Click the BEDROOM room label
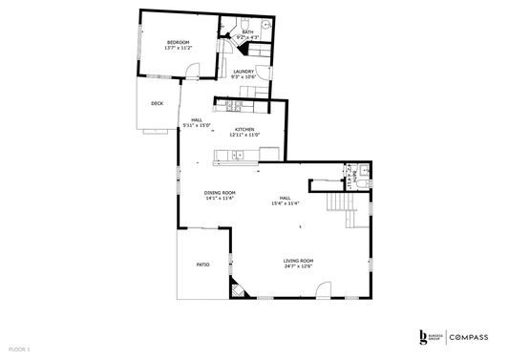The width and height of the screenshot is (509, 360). [178, 42]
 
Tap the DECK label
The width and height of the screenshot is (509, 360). [157, 103]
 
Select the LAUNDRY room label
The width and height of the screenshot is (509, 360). [244, 71]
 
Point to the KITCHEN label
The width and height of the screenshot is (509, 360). [244, 129]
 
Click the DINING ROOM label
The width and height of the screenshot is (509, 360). [220, 193]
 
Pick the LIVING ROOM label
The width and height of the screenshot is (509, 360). [298, 261]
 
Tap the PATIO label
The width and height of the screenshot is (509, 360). [202, 265]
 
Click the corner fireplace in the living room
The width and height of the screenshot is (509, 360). [237, 286]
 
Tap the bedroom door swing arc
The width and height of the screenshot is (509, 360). [193, 69]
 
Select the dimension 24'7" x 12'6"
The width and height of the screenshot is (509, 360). [298, 266]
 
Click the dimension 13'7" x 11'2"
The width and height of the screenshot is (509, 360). [178, 48]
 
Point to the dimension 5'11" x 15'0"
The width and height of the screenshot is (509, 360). [196, 125]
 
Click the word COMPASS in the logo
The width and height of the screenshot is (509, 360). [469, 337]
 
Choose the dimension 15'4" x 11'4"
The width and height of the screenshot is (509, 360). [285, 203]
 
